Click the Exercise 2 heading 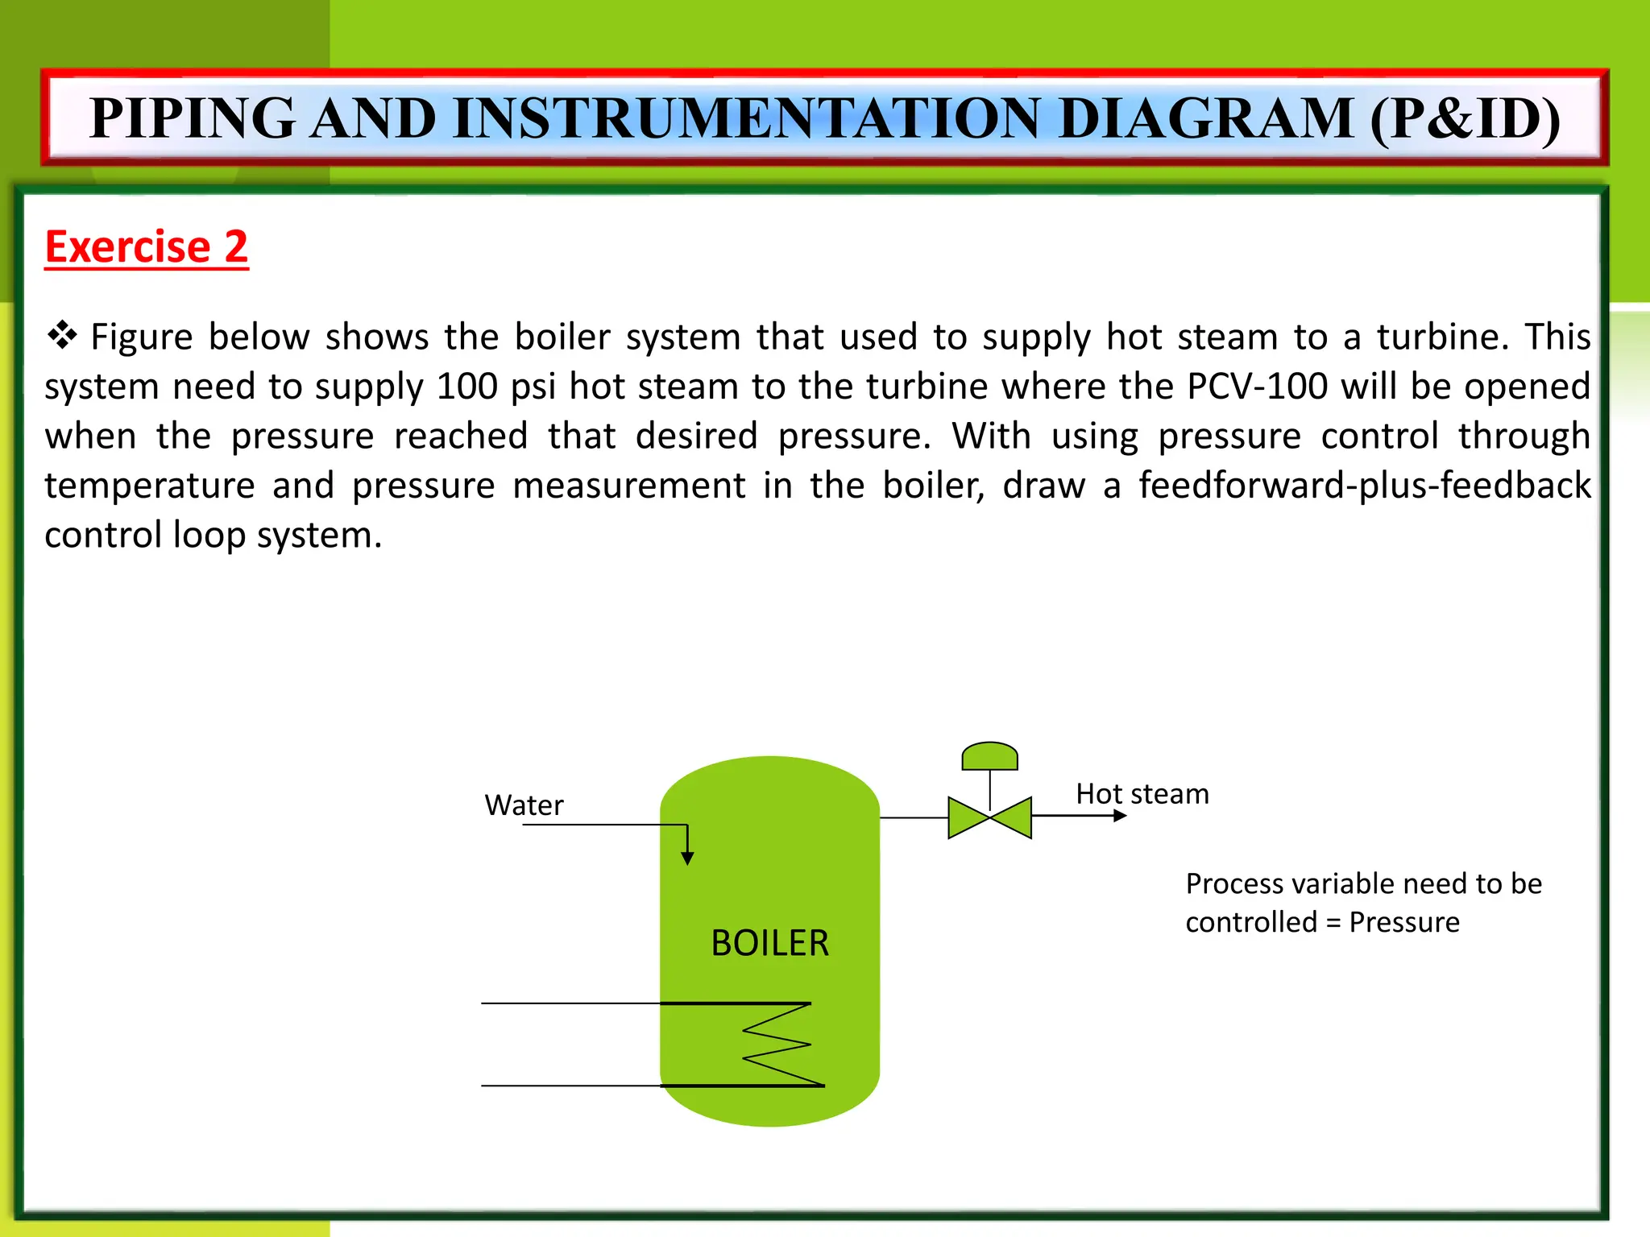point(146,246)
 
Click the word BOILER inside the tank point(769,943)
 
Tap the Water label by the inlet point(524,805)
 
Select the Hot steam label point(1142,794)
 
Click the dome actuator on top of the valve point(989,757)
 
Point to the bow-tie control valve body point(989,817)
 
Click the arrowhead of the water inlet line point(687,858)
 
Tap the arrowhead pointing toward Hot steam point(1119,816)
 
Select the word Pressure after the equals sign point(1403,922)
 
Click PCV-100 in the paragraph point(1257,387)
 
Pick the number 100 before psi point(468,387)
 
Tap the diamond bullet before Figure point(62,335)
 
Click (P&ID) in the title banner point(1465,118)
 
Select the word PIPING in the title point(193,118)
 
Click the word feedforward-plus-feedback point(1364,486)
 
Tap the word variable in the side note point(1337,884)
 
